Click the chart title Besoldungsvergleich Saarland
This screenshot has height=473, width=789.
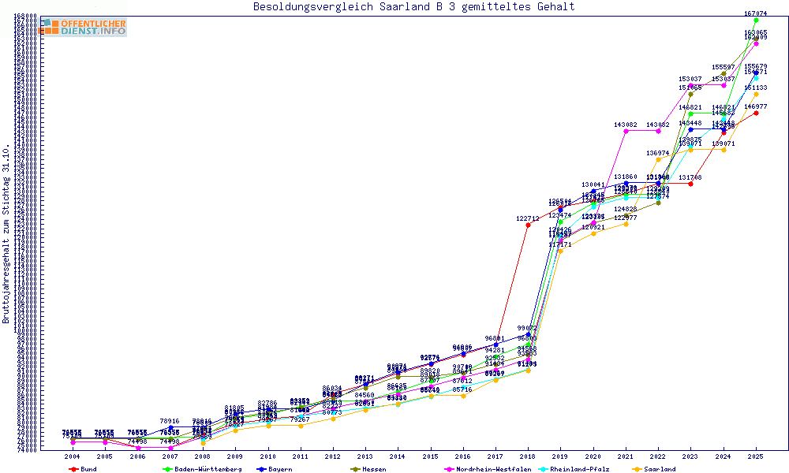(413, 7)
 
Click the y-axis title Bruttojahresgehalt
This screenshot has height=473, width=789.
(7, 233)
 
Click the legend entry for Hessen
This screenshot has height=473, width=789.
(369, 469)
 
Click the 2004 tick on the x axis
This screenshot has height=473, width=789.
(73, 456)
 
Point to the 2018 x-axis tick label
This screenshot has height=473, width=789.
(528, 456)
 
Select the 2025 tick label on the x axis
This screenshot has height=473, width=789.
(756, 456)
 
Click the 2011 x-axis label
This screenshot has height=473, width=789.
(301, 456)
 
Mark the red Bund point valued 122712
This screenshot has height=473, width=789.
(528, 225)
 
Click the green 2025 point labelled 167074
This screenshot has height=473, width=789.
(756, 20)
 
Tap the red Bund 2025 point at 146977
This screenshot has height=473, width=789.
(756, 113)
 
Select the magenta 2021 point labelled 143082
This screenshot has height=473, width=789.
(626, 131)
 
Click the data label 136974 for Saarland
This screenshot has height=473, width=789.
(658, 153)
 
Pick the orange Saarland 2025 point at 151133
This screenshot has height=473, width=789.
(756, 95)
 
